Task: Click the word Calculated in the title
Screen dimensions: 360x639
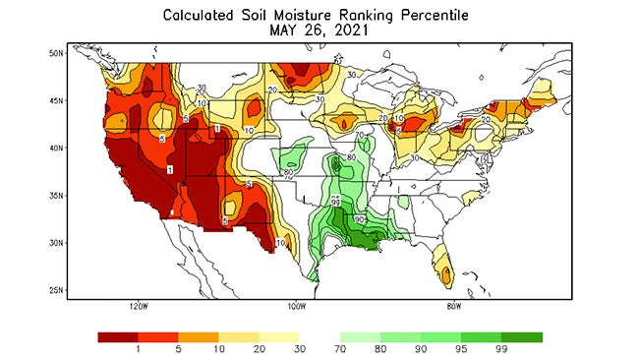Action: [x=199, y=15]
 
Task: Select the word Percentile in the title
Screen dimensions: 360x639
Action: [x=438, y=15]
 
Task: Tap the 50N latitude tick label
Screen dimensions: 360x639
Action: [x=57, y=52]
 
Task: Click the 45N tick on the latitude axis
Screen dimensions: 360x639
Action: [x=57, y=100]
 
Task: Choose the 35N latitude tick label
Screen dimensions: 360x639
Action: [x=57, y=195]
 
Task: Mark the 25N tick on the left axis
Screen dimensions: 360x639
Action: [x=57, y=290]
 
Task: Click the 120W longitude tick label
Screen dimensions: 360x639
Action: [x=138, y=306]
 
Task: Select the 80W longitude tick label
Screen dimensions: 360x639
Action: [x=453, y=306]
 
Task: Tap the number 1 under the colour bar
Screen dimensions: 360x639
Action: [x=138, y=348]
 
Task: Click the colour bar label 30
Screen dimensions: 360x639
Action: [x=299, y=348]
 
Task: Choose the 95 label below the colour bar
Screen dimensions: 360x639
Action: [x=461, y=348]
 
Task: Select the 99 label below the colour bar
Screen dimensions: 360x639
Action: [x=501, y=348]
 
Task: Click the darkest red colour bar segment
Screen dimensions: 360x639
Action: [x=118, y=336]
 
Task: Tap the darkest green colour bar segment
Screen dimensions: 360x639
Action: [x=522, y=336]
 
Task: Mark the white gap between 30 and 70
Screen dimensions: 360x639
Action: [x=319, y=336]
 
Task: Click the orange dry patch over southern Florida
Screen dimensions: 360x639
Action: [x=447, y=270]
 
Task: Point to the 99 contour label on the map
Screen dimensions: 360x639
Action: [x=336, y=203]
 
